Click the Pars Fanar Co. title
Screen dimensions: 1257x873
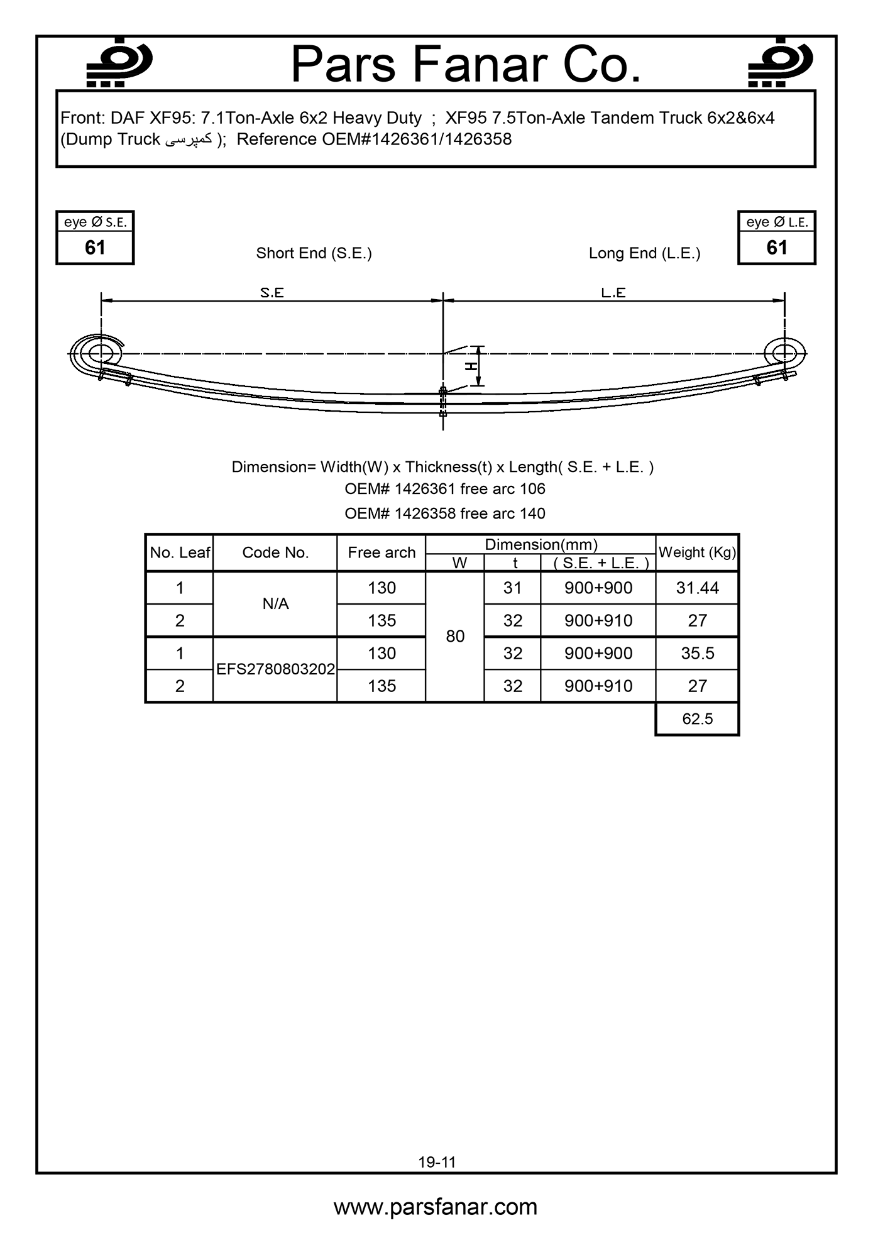tap(466, 65)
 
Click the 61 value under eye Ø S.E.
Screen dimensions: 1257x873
tap(95, 248)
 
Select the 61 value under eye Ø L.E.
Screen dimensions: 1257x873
tap(777, 248)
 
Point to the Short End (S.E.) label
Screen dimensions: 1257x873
tap(314, 253)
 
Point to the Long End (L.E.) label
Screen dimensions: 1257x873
tap(644, 253)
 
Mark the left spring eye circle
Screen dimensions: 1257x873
tap(99, 353)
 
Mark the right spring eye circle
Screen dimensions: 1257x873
tap(784, 352)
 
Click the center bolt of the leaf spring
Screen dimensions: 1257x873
tap(443, 401)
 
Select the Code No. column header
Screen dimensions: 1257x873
tap(275, 552)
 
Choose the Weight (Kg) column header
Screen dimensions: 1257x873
tap(697, 552)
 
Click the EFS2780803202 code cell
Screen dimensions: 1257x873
tap(275, 669)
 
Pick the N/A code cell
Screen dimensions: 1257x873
tap(275, 604)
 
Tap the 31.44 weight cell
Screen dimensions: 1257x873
tap(697, 588)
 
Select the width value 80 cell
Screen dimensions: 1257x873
tap(455, 637)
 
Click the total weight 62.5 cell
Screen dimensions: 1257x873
tap(697, 719)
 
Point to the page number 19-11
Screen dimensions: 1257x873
tap(437, 1162)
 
